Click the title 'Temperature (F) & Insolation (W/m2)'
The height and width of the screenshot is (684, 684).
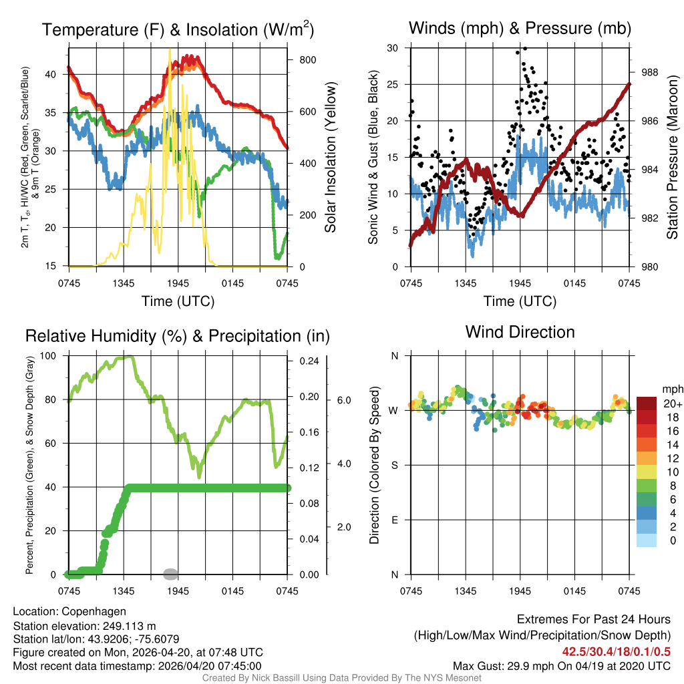pos(178,29)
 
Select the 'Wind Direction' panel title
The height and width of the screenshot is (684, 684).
pos(520,332)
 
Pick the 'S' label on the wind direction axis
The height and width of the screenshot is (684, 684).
pos(394,465)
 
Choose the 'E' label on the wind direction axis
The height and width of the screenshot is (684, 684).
pos(394,520)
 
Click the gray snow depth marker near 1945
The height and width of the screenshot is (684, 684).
pos(170,573)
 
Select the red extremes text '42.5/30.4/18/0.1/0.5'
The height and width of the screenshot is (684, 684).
pos(617,651)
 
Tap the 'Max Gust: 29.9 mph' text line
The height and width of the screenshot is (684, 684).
pos(561,665)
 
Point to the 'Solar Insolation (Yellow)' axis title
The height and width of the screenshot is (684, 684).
pos(330,158)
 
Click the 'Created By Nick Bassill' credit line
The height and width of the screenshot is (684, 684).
pos(341,678)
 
